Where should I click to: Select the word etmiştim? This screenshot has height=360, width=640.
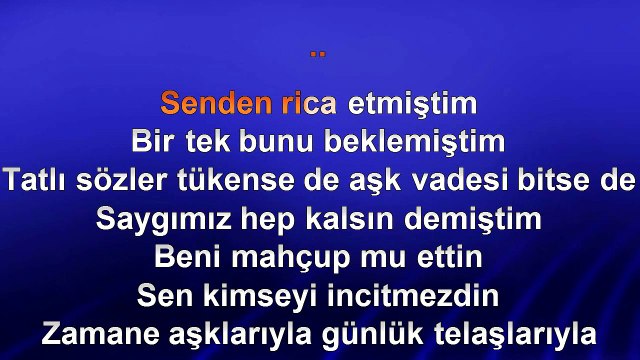(413, 103)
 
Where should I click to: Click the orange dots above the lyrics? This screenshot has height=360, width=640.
(319, 53)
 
